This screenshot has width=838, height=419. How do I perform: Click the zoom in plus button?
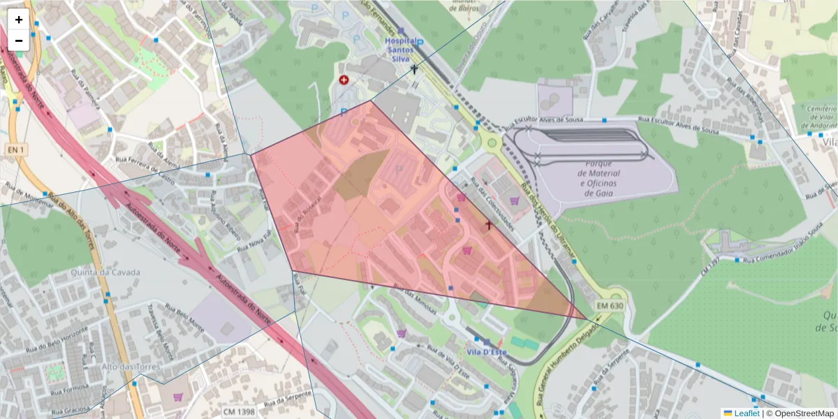pos(19,20)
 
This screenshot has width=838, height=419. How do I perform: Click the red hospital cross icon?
pos(344,80)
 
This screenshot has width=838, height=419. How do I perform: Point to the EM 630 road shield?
pos(609,306)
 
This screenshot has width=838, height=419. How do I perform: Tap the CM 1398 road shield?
pos(242,413)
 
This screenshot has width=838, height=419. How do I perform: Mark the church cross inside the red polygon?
pos(489,225)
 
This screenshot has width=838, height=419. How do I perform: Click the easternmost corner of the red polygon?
pos(587,319)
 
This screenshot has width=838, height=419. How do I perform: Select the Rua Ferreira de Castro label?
pos(145,170)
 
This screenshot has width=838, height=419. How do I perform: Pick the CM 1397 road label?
pos(710,266)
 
